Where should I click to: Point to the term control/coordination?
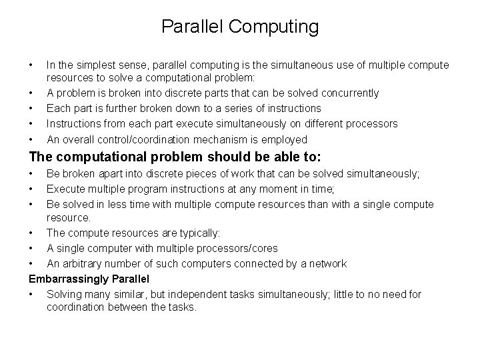point(143,140)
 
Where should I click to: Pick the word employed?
point(285,140)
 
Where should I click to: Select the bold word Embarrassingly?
point(66,279)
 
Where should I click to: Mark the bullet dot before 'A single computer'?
point(31,248)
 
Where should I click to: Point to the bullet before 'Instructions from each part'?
point(31,124)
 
